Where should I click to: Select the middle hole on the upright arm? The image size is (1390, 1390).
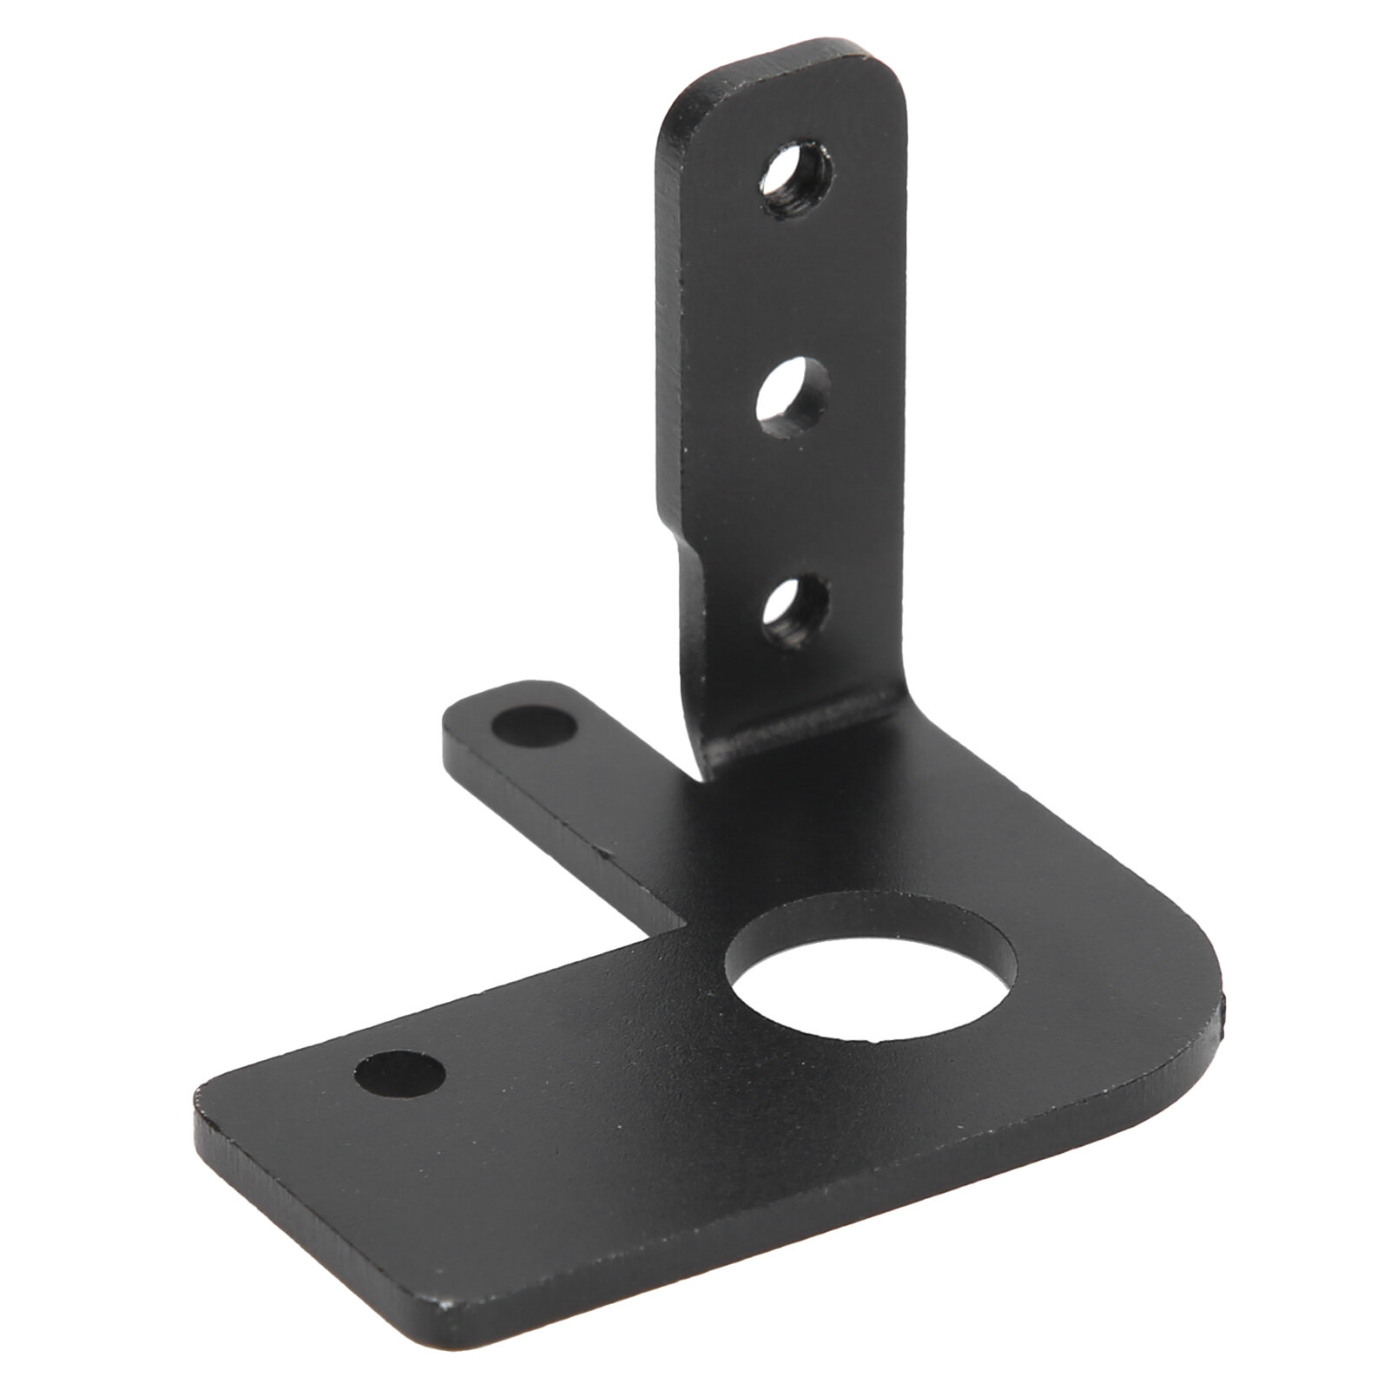coord(792,397)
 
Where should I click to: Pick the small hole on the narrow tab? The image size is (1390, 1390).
coord(533,726)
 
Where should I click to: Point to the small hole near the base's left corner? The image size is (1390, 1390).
coord(400,1073)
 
